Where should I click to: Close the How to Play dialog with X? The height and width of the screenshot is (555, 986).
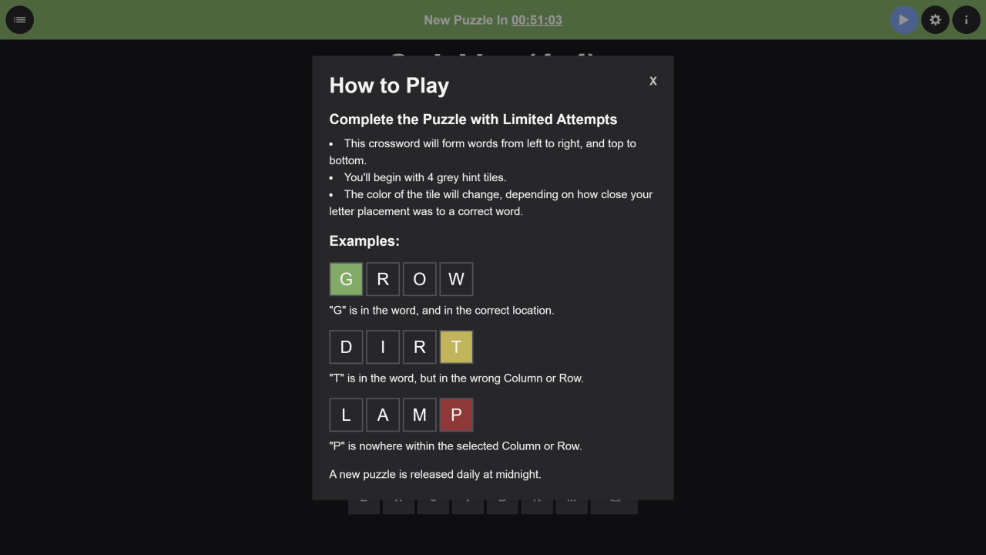[652, 81]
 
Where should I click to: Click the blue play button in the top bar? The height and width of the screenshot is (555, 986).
[904, 20]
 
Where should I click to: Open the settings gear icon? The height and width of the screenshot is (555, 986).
[935, 20]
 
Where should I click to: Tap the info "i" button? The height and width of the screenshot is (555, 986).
[966, 20]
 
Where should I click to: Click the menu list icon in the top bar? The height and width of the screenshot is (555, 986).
[20, 20]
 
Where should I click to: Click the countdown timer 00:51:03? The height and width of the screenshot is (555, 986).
[537, 20]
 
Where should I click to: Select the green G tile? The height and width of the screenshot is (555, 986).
[346, 279]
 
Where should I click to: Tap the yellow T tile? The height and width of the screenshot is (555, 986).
[456, 347]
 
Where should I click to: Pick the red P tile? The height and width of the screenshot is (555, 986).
[456, 415]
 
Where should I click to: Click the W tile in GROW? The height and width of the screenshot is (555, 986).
[456, 279]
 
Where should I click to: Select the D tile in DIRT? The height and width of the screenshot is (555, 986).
[346, 347]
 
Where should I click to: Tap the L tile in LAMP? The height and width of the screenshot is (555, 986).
[346, 415]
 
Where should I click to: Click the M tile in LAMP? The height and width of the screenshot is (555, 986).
[420, 415]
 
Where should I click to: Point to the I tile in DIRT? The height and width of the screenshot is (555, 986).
[383, 347]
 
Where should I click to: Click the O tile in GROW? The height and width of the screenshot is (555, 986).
[420, 279]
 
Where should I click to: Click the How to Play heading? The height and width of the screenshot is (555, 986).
[389, 86]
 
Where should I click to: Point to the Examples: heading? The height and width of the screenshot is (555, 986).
[364, 241]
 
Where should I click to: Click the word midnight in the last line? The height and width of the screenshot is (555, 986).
[518, 475]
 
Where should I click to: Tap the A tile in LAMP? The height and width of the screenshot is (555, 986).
[383, 415]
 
